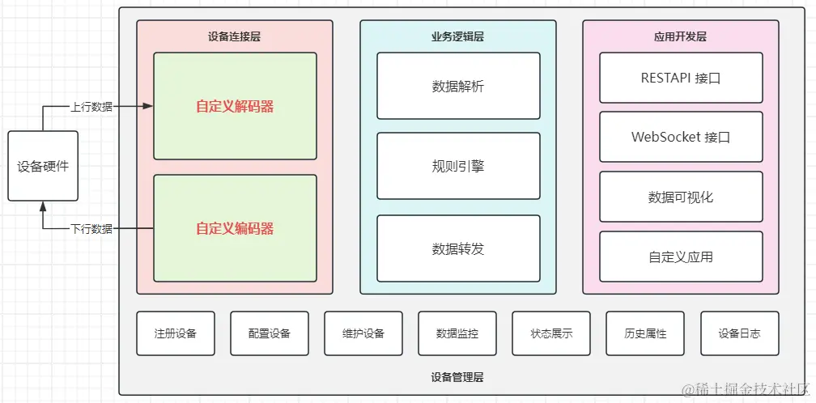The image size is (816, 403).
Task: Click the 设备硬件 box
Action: (x=43, y=166)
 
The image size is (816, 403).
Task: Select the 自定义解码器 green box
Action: (x=235, y=106)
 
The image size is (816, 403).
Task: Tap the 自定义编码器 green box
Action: (x=235, y=228)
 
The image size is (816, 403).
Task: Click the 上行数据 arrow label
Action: (x=91, y=106)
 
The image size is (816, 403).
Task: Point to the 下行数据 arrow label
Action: (x=91, y=229)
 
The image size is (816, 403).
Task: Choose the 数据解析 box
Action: (x=458, y=86)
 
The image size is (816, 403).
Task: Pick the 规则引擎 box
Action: (x=458, y=166)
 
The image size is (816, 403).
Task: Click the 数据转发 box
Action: (x=458, y=248)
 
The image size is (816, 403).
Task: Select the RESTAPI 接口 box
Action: (x=681, y=78)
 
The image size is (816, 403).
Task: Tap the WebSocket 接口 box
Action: (x=681, y=137)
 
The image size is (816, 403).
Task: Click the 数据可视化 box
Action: (x=681, y=197)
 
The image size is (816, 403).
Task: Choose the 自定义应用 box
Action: (x=681, y=257)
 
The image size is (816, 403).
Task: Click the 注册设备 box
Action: (x=176, y=333)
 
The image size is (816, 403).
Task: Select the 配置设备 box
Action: (x=270, y=333)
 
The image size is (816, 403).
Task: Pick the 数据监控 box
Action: (x=457, y=333)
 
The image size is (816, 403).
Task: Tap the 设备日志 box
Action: (x=739, y=333)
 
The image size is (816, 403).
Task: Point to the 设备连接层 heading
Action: (x=234, y=36)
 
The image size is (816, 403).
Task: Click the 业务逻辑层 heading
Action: (x=457, y=36)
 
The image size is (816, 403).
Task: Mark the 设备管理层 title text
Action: (x=457, y=377)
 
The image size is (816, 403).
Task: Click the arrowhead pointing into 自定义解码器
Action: (x=149, y=106)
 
